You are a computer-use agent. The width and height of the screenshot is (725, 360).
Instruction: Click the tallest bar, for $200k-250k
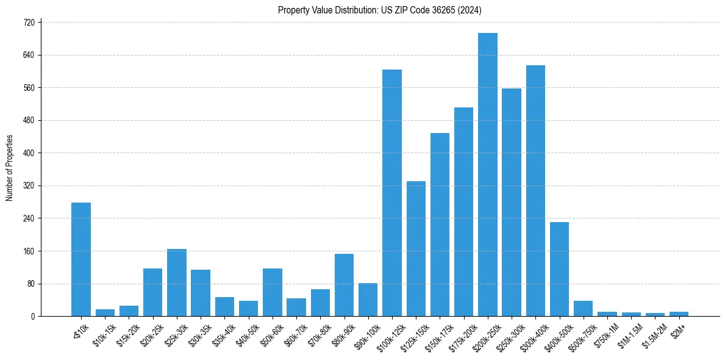click(x=488, y=175)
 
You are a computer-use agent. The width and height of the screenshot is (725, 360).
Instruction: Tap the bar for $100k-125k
click(x=392, y=193)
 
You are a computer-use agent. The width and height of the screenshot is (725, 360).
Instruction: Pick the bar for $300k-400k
click(x=535, y=190)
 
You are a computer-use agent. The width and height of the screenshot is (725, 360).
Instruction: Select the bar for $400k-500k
click(x=559, y=269)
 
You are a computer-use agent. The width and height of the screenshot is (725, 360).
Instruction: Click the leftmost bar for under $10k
click(x=81, y=259)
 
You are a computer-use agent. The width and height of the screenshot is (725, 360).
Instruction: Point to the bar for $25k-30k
click(x=177, y=283)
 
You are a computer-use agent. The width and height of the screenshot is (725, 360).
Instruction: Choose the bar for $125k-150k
click(x=416, y=248)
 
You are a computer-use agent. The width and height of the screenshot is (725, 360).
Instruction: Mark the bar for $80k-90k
click(x=344, y=285)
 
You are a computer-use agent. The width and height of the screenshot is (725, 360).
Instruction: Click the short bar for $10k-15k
click(x=105, y=312)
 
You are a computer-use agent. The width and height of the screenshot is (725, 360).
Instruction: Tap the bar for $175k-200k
click(x=463, y=212)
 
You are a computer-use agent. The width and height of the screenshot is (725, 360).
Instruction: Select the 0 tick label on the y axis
click(x=35, y=316)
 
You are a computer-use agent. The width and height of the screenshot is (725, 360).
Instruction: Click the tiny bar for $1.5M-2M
click(x=655, y=314)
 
